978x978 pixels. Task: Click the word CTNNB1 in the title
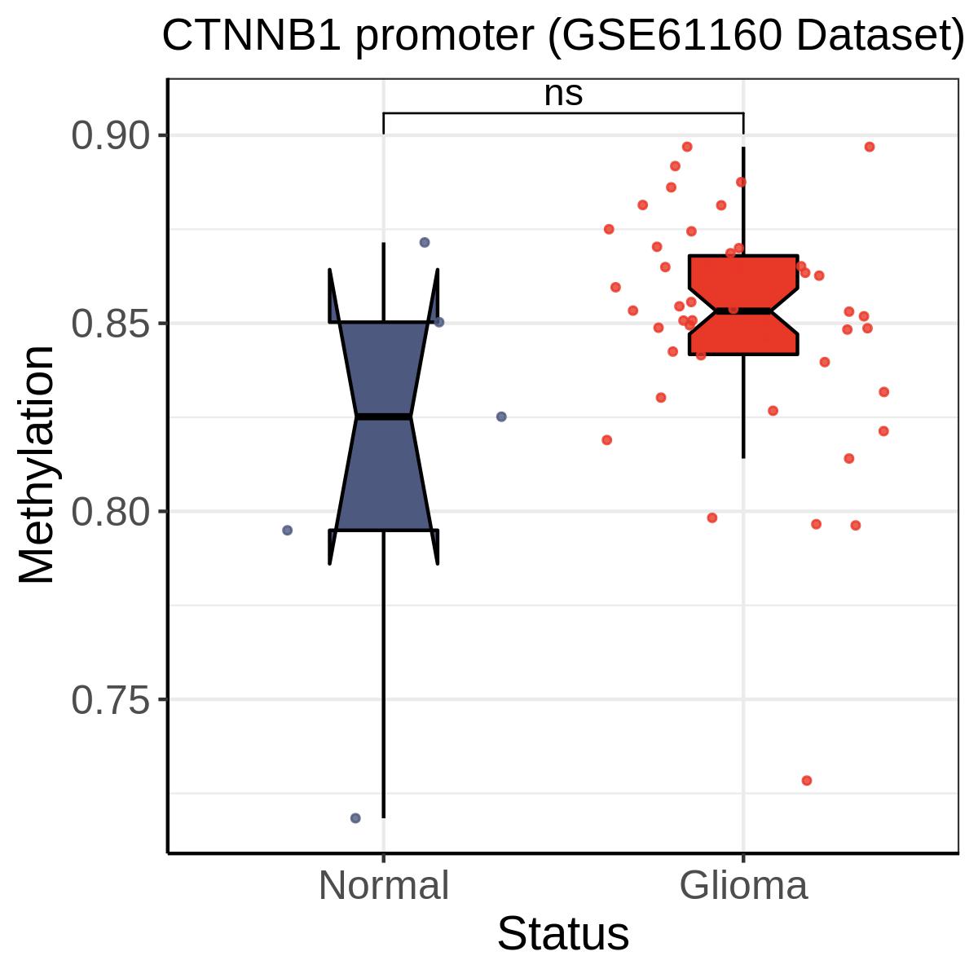point(252,36)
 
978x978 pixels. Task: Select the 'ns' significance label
point(563,94)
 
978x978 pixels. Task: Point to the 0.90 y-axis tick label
point(111,135)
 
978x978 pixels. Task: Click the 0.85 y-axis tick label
point(111,324)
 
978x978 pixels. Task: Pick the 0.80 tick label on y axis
point(111,512)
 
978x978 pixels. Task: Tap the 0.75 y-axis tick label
point(111,700)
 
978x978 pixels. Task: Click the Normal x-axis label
point(384,886)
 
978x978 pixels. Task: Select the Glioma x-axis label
point(743,886)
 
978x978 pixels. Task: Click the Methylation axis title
point(36,465)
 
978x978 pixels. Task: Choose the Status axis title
point(563,934)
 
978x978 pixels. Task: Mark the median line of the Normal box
point(384,416)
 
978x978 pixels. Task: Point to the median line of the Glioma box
point(743,311)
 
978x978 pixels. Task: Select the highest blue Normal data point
point(425,243)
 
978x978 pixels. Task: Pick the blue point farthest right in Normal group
point(501,416)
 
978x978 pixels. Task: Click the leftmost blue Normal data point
point(287,531)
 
